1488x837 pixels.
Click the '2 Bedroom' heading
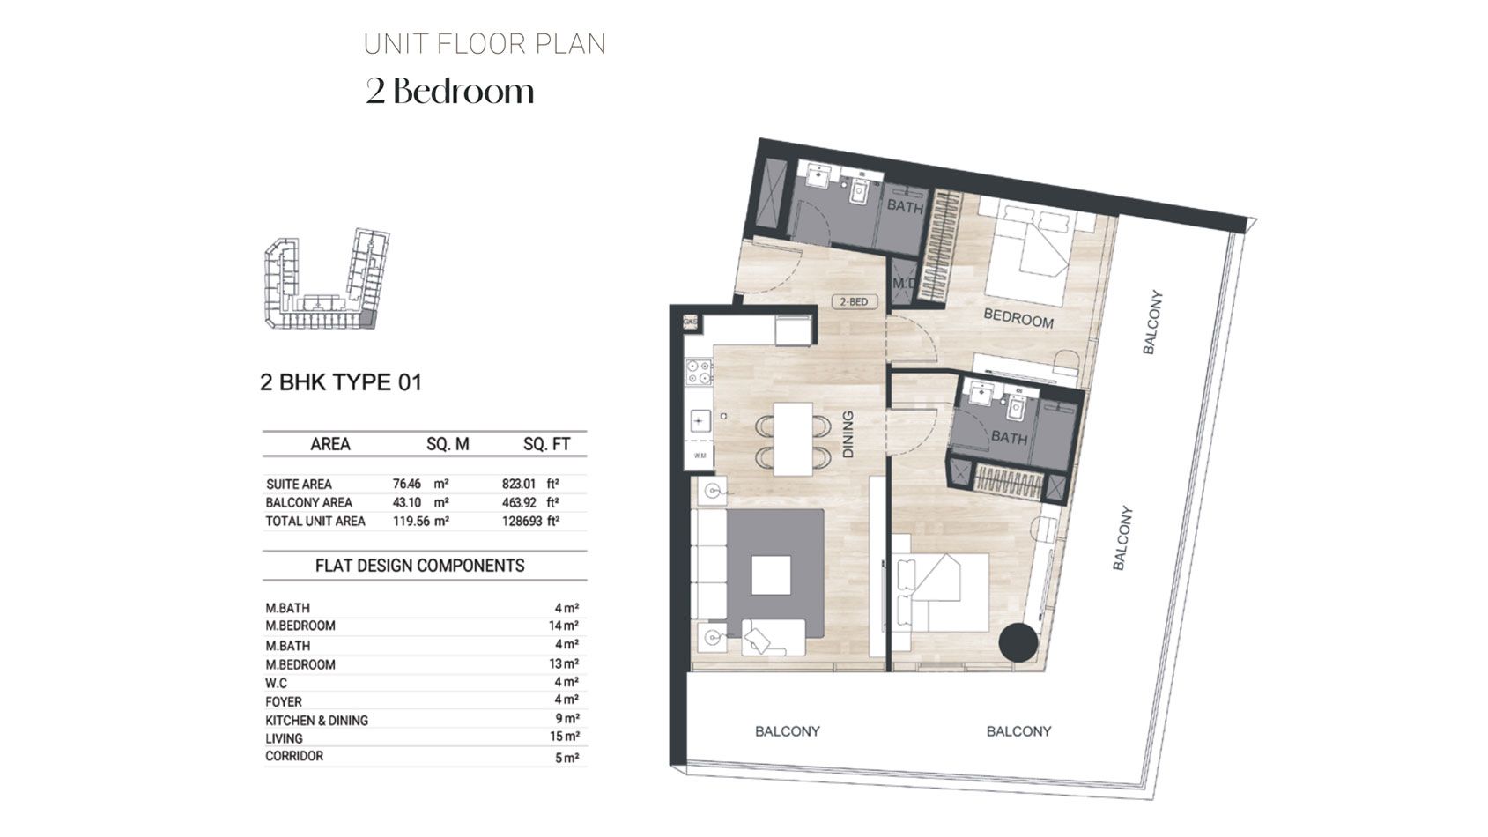450,92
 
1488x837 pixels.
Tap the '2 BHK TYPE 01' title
341,382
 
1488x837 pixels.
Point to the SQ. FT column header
546,445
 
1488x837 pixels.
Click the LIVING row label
284,738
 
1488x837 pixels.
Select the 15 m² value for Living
565,737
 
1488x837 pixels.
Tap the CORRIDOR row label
294,756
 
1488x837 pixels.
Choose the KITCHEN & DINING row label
316,720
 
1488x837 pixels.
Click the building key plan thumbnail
326,279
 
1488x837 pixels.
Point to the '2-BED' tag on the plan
853,302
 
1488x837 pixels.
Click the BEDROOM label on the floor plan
1018,318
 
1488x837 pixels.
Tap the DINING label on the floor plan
848,434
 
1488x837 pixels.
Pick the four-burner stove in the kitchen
700,372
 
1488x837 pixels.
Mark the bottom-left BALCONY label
787,731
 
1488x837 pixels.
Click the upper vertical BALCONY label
1152,322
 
